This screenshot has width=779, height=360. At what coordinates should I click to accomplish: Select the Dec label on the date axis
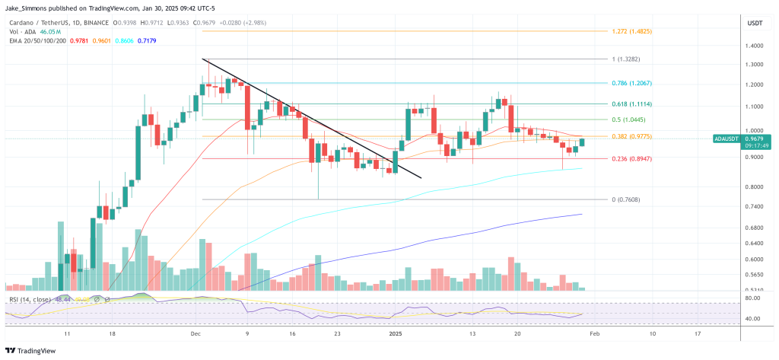pyautogui.click(x=196, y=334)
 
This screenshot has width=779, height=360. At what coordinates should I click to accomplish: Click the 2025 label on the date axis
pyautogui.click(x=394, y=334)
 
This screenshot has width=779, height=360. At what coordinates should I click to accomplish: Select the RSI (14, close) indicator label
pyautogui.click(x=30, y=300)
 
